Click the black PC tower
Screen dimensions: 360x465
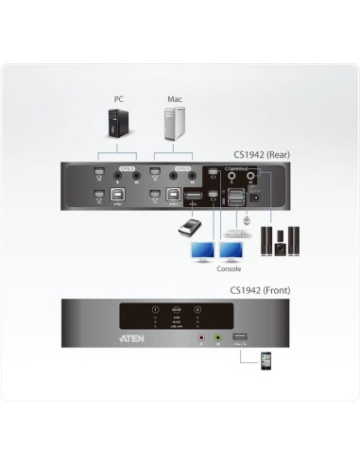[119, 126]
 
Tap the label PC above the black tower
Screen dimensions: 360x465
[119, 96]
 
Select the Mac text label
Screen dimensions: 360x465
[174, 96]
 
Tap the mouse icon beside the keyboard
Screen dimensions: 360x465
[248, 219]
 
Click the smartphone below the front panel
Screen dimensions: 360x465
[266, 362]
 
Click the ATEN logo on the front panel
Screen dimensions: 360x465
[131, 333]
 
